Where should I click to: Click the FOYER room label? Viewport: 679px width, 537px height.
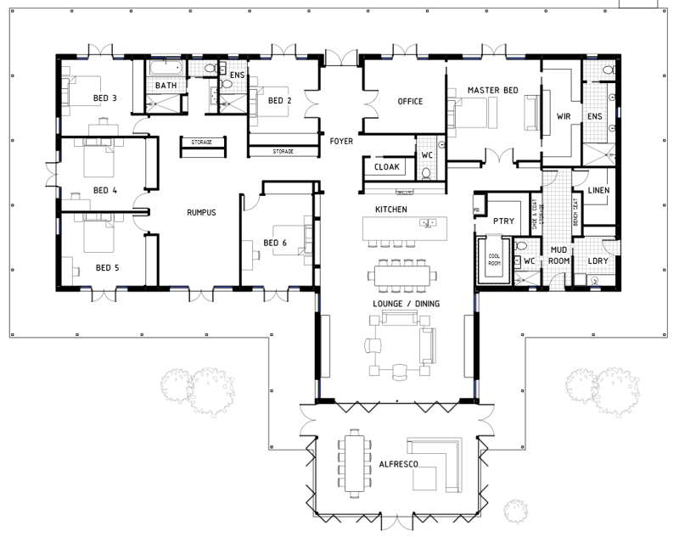click(341, 141)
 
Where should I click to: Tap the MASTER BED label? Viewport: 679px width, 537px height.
click(493, 90)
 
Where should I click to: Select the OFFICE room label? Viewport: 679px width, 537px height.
click(410, 102)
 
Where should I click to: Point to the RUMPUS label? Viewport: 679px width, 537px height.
click(201, 213)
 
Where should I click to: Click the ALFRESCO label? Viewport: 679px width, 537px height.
click(396, 465)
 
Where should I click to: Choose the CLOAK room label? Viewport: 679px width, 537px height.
click(386, 167)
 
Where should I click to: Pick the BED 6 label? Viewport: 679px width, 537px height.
click(276, 243)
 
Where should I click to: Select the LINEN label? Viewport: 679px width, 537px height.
click(598, 190)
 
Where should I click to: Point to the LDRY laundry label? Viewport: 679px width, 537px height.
click(598, 260)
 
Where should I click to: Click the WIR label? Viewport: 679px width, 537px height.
click(562, 115)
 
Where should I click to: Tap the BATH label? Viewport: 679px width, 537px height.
click(166, 86)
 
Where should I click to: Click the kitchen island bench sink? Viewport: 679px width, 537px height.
click(429, 223)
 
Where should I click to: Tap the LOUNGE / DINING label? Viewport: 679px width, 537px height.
click(396, 303)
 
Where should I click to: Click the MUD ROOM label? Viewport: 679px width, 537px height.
click(558, 255)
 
